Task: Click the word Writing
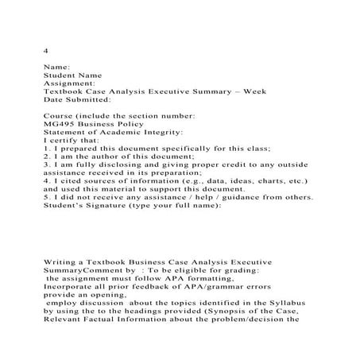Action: coord(61,261)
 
